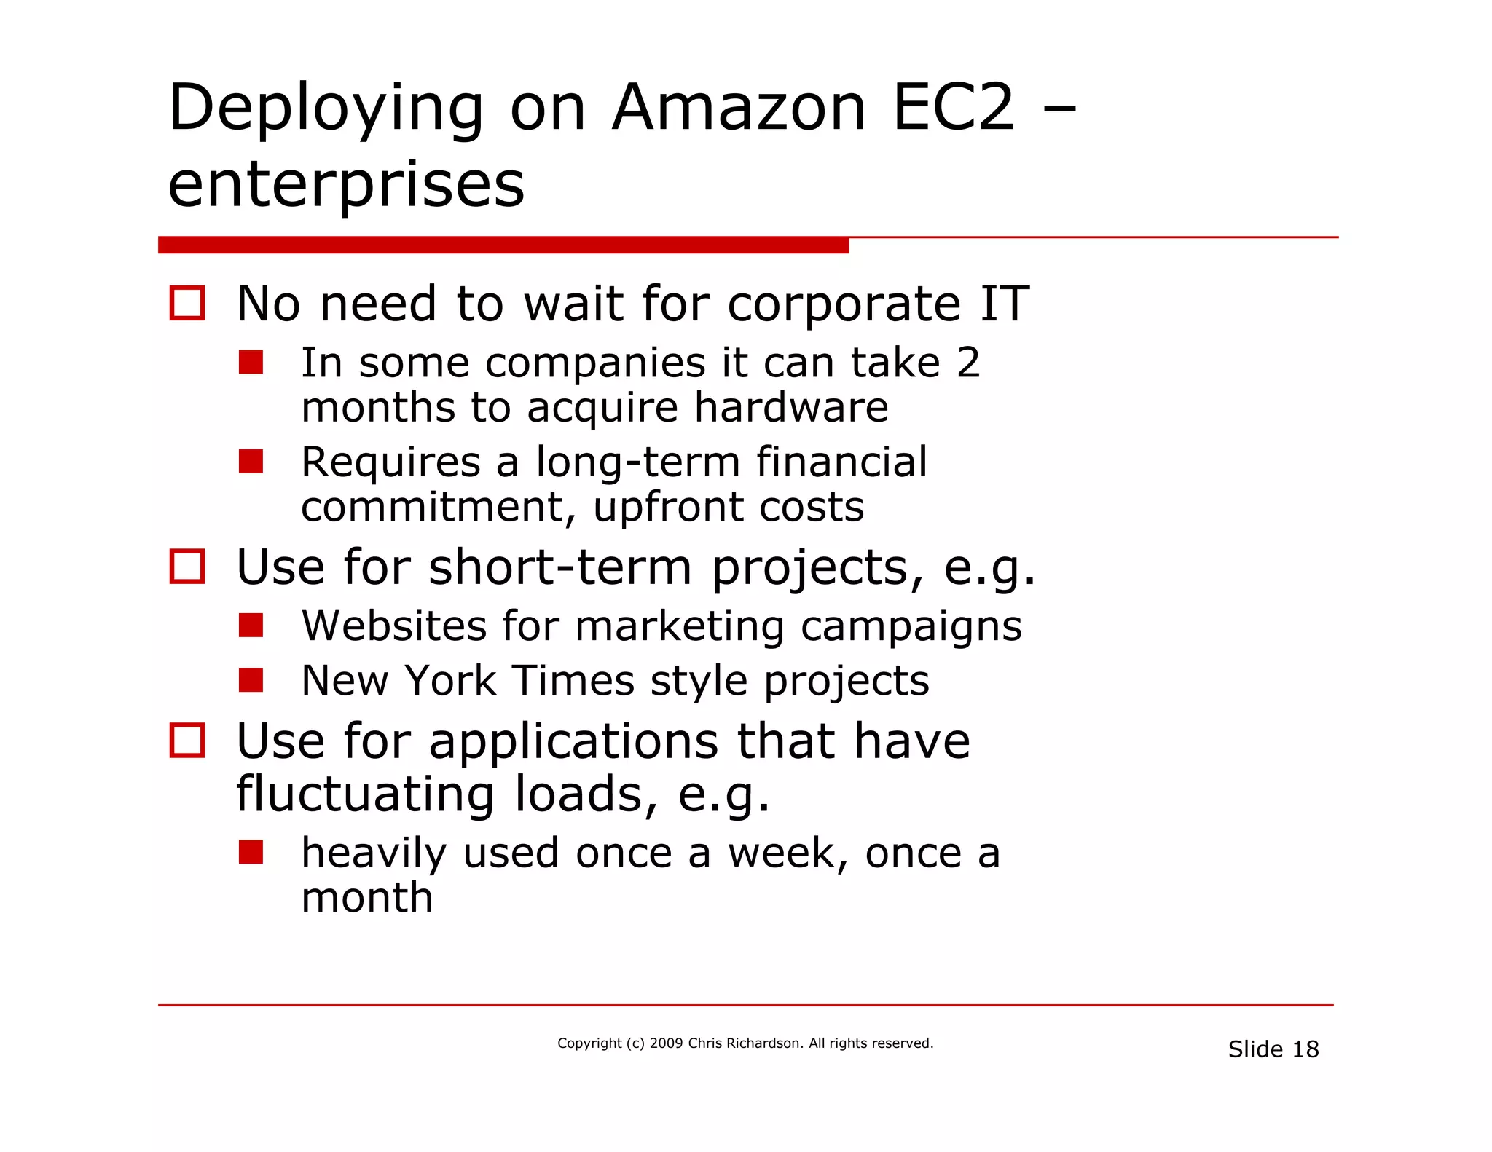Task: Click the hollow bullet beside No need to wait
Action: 187,303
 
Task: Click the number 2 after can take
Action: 968,363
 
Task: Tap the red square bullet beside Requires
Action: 251,461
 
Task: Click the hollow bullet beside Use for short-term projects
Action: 187,566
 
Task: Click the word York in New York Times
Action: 450,681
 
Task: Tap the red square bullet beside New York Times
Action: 251,680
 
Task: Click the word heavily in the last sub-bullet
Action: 374,853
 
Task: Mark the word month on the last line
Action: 367,898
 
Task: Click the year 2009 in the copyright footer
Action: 666,1043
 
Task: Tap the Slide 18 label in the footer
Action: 1273,1049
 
